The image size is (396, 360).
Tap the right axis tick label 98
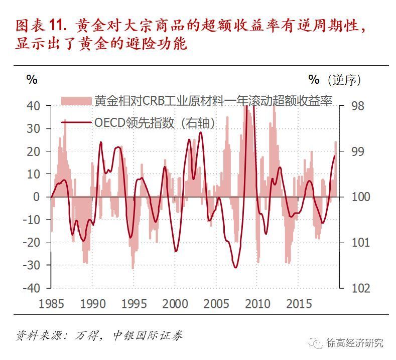[360, 106]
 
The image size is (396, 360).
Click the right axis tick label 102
[362, 288]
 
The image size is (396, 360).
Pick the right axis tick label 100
[362, 197]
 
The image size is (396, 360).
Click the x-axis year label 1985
[52, 304]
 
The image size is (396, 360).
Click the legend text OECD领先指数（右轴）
[154, 122]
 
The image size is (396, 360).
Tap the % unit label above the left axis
[32, 80]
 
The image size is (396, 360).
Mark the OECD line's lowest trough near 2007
[235, 267]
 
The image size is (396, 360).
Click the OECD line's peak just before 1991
[101, 142]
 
